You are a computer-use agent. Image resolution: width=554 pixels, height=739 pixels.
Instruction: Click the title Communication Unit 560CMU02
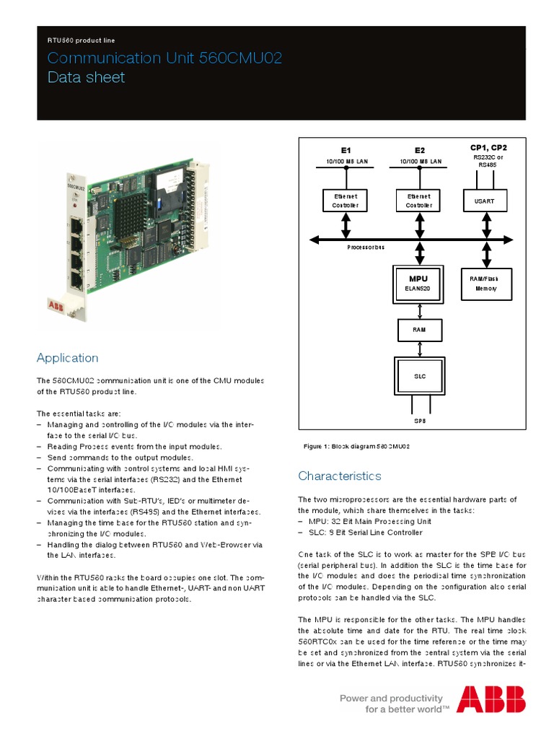(x=164, y=58)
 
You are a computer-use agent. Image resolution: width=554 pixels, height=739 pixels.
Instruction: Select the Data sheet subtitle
(x=86, y=77)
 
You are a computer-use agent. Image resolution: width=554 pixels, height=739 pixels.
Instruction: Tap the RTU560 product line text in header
(x=81, y=40)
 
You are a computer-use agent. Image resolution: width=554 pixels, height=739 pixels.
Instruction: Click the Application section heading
(x=67, y=358)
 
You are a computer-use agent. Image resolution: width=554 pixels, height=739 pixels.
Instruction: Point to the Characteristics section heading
(x=340, y=476)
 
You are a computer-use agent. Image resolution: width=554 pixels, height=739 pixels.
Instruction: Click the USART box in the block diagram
(x=484, y=201)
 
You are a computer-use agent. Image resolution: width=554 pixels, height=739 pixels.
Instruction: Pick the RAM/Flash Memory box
(x=485, y=284)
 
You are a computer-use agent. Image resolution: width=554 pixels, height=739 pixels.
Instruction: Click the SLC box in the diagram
(x=418, y=375)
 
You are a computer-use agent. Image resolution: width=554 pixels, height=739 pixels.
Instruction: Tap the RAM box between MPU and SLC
(x=418, y=330)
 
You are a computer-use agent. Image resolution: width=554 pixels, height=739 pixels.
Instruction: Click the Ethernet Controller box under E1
(x=346, y=201)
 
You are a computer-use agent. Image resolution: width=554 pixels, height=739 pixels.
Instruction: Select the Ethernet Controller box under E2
(x=418, y=201)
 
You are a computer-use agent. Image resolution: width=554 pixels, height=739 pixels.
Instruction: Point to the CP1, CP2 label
(x=488, y=148)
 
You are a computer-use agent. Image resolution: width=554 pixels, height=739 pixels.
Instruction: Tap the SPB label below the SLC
(x=418, y=420)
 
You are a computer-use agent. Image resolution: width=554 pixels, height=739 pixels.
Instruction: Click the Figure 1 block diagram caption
(x=357, y=447)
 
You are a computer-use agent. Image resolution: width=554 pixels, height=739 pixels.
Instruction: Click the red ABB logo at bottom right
(x=491, y=699)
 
